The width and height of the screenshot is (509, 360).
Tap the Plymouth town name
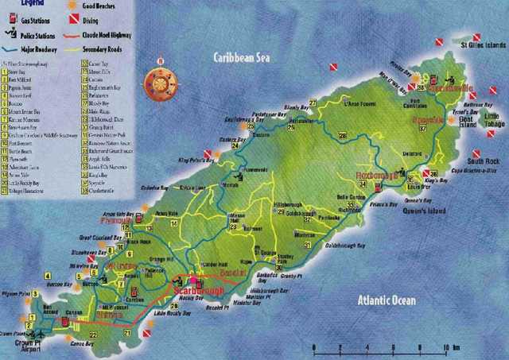click(115, 220)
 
